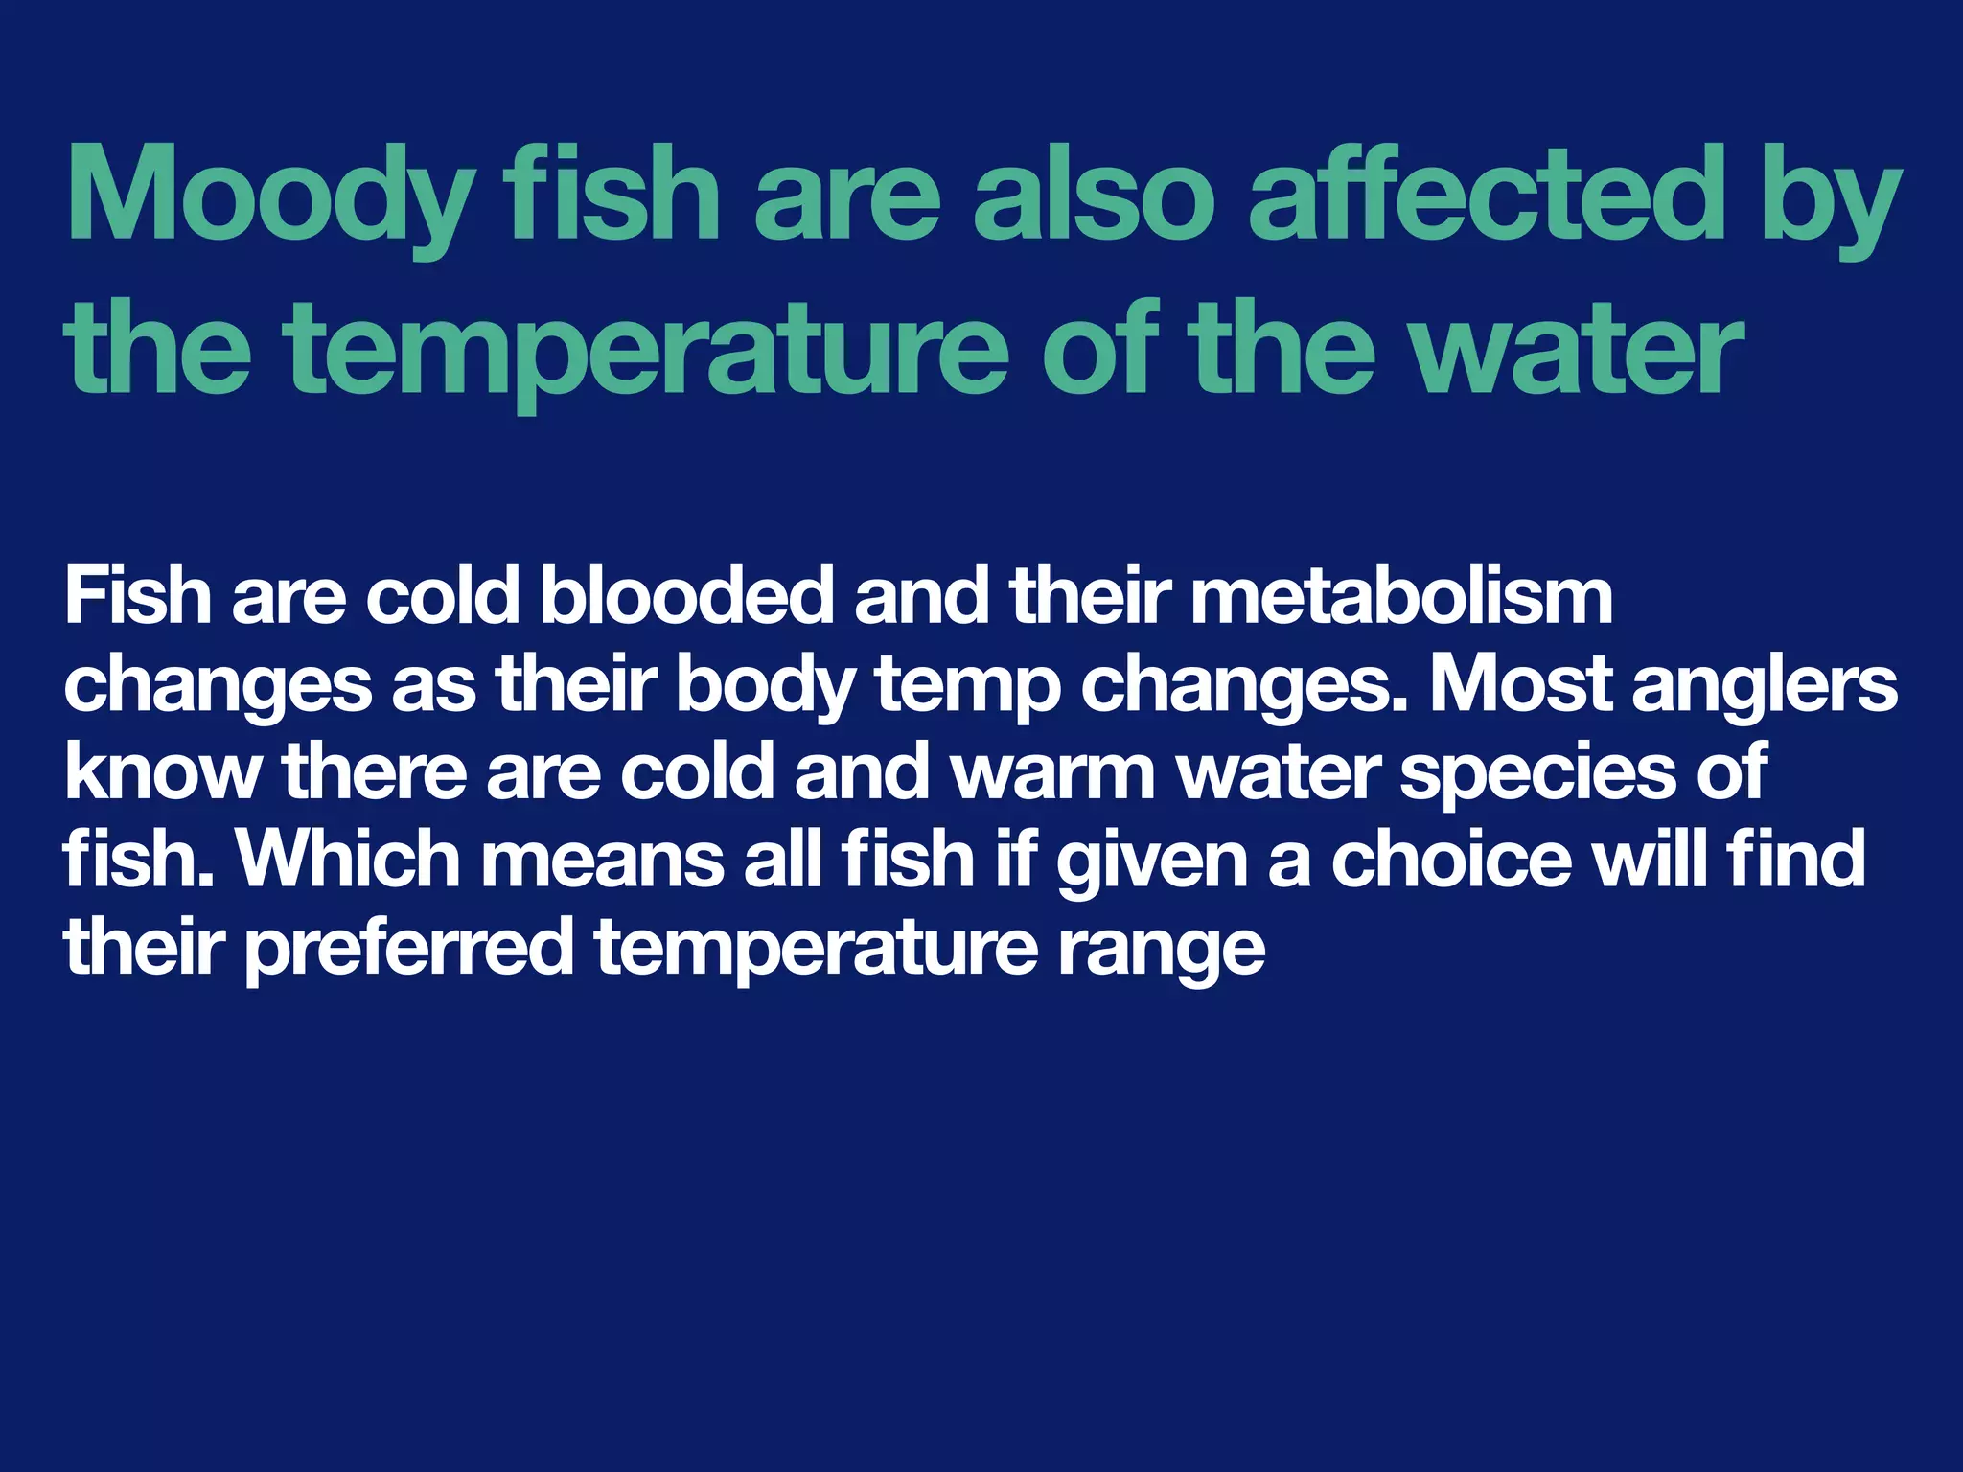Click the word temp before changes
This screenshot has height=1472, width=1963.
(x=968, y=684)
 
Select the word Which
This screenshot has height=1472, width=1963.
(x=349, y=859)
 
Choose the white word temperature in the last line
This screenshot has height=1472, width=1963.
(x=816, y=947)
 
